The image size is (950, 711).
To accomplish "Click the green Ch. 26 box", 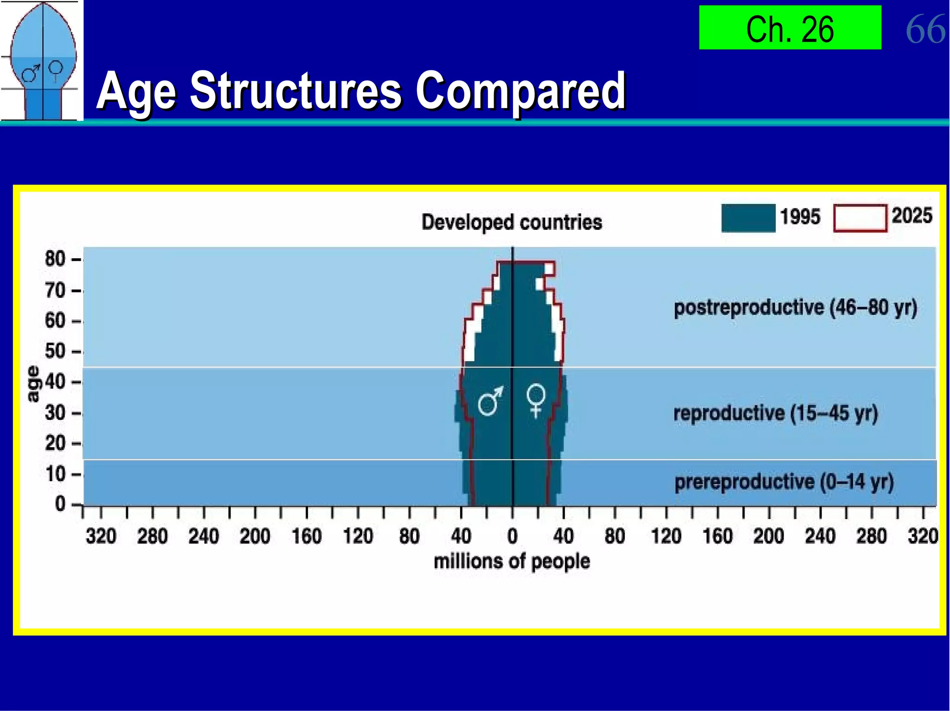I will (790, 28).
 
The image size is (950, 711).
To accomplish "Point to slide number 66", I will (925, 29).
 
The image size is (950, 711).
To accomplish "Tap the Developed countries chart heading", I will (512, 222).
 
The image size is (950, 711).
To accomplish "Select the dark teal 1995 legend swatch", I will (748, 218).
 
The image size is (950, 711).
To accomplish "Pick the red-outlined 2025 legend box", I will (860, 218).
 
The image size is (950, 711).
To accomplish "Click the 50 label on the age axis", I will (55, 351).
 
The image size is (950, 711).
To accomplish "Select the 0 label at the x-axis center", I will (512, 536).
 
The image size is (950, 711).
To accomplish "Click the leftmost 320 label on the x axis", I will (101, 536).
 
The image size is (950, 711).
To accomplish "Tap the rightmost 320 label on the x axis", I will (923, 536).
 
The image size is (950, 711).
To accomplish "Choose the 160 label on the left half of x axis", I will (307, 536).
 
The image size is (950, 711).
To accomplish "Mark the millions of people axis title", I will (512, 561).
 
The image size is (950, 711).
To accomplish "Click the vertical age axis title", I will (33, 384).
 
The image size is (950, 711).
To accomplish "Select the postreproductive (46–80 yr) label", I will (795, 308).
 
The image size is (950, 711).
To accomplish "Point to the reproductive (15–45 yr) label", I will (775, 413).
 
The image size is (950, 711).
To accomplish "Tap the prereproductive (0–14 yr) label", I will (783, 482).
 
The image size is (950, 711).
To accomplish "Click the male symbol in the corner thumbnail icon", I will (31, 73).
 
